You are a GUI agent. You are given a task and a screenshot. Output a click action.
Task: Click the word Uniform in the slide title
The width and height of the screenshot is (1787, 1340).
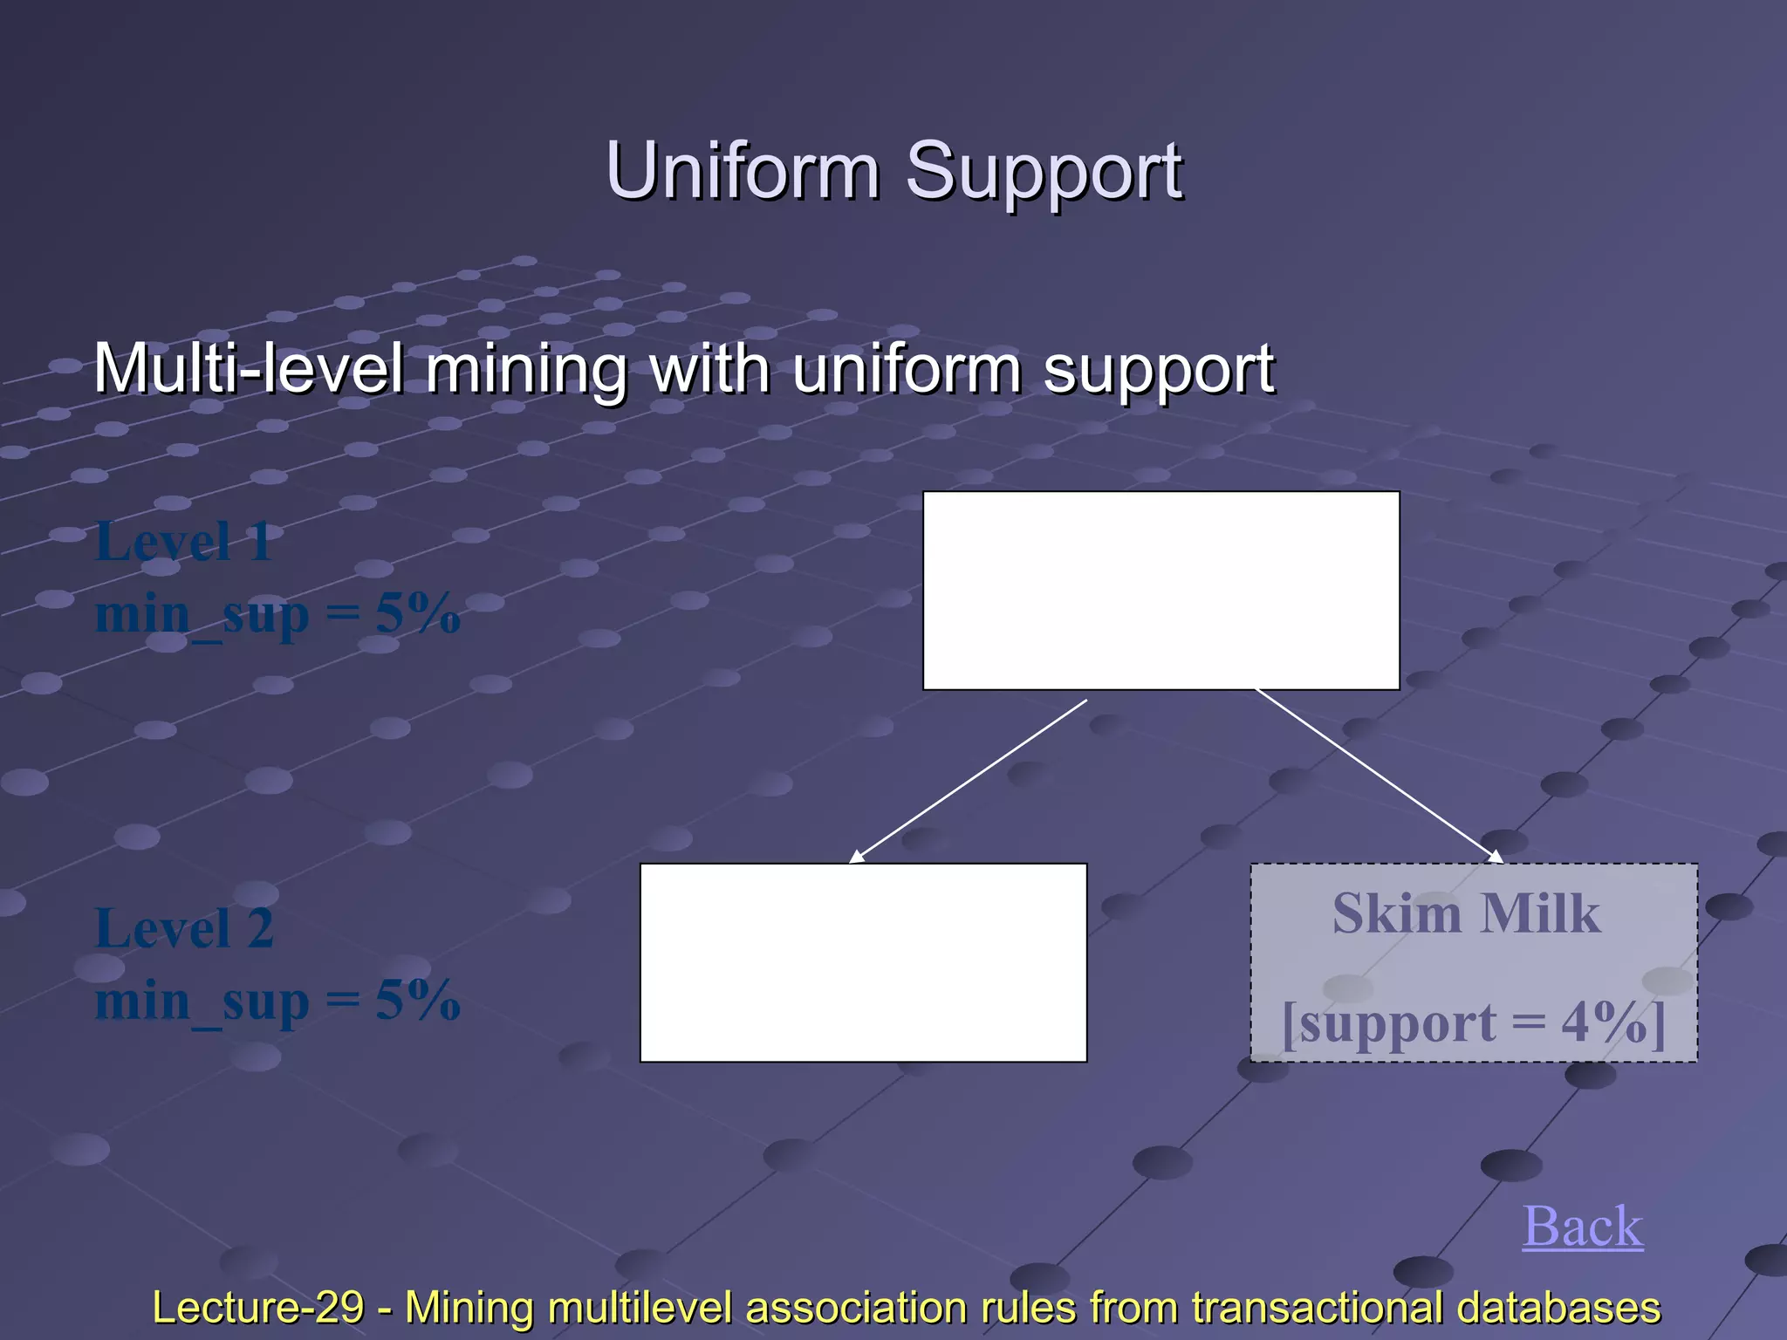pos(743,171)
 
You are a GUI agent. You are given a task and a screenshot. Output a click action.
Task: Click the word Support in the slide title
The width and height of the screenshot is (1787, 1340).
pos(1044,171)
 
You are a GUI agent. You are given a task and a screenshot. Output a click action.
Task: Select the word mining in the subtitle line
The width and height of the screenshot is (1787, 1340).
pos(526,369)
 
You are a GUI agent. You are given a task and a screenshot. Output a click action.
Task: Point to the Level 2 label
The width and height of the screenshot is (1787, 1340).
pos(184,927)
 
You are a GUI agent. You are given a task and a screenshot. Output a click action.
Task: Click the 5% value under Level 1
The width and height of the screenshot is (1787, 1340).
pos(418,613)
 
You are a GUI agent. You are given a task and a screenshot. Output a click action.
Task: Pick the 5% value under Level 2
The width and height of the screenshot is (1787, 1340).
pos(418,1000)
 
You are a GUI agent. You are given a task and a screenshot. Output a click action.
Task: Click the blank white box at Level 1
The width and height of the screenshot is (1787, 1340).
pos(1161,591)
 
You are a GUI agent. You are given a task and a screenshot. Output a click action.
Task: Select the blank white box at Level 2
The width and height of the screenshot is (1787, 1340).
pos(863,962)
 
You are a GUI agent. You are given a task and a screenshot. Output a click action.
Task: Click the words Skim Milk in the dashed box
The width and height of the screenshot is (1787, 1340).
pos(1466,914)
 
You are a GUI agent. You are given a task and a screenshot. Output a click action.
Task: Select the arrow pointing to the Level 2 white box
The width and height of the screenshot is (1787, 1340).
pos(969,781)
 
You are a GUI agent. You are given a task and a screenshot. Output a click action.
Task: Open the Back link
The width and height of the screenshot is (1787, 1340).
pos(1582,1227)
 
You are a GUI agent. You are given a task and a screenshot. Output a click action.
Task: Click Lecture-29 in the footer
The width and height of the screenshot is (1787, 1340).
pos(257,1307)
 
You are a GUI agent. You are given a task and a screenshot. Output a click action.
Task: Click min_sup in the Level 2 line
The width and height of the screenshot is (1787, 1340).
pos(202,1002)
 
